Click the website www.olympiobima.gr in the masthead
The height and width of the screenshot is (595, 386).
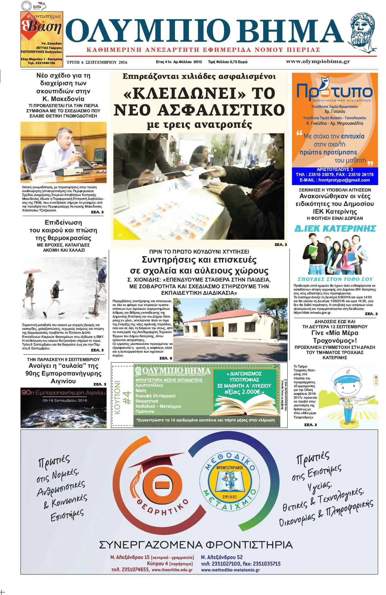[x=318, y=61]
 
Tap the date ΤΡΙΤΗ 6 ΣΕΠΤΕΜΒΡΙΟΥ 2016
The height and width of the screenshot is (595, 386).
[x=97, y=62]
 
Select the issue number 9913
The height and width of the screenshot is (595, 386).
[x=198, y=62]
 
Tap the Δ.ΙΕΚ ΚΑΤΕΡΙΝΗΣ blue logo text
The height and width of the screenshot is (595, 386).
[x=335, y=228]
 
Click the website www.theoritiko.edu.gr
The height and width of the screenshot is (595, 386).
[x=172, y=570]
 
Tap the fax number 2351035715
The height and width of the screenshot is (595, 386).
[x=266, y=563]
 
